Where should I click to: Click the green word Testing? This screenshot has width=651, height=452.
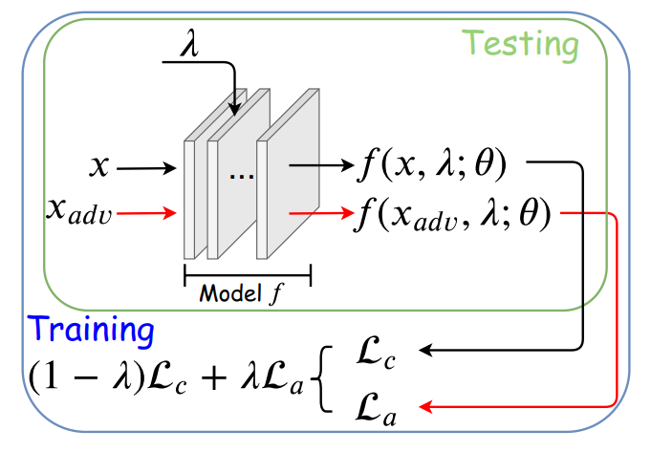click(521, 44)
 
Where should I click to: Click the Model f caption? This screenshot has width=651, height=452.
click(247, 292)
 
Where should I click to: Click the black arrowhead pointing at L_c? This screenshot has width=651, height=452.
click(426, 352)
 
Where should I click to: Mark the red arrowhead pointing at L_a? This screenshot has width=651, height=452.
click(426, 408)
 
